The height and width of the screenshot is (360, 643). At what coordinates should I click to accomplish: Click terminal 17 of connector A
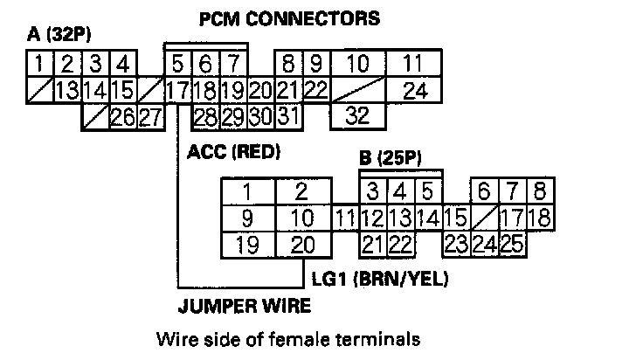tap(177, 90)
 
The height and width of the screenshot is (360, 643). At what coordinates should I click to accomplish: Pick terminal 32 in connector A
tap(357, 114)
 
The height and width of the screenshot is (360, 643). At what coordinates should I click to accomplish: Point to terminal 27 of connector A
tap(149, 116)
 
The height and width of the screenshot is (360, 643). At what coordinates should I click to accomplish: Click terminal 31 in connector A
tap(289, 115)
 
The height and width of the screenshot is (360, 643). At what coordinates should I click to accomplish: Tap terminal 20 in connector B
tap(301, 245)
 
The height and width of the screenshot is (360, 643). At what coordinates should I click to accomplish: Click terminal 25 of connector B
tap(512, 245)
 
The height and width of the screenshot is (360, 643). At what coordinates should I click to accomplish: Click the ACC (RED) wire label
tap(233, 151)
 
